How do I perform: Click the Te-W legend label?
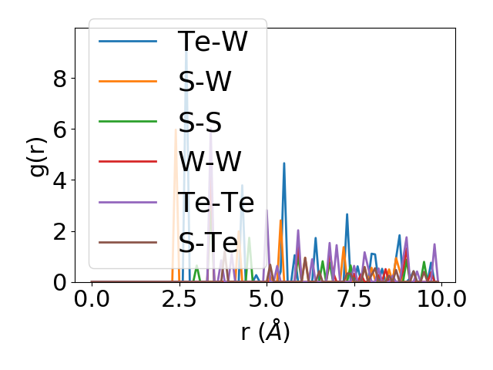point(212,42)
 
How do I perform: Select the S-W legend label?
point(205,82)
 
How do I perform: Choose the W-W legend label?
point(210,162)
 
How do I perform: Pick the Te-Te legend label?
point(216,202)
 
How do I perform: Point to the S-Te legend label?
point(208,242)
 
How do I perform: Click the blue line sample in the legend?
point(129,42)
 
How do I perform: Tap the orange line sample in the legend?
point(129,82)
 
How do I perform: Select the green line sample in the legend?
point(129,122)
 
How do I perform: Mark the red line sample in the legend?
point(129,162)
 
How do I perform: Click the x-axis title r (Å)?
point(265,332)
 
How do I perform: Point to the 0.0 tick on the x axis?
point(92,299)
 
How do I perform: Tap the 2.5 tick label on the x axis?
point(179,299)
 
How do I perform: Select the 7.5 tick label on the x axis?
point(354,299)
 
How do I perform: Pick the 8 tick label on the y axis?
point(60,78)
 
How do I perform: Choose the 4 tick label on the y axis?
point(60,180)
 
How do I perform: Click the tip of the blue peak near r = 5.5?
point(284,163)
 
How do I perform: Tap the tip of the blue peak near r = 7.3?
point(347,214)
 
